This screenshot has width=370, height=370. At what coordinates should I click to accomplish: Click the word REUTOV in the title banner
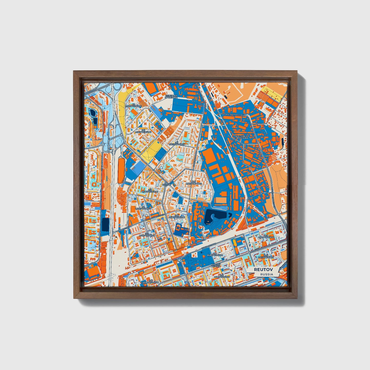point(263,270)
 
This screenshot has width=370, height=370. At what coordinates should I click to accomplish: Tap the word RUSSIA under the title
point(267,274)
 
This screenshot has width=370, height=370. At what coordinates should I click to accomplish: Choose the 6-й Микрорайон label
point(143,131)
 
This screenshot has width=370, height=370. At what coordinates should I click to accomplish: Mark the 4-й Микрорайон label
point(194,183)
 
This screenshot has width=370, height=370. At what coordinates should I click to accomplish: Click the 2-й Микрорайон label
point(150,191)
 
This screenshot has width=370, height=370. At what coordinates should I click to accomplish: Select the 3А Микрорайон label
point(143,208)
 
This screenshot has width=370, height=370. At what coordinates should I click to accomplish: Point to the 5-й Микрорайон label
point(177,216)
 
